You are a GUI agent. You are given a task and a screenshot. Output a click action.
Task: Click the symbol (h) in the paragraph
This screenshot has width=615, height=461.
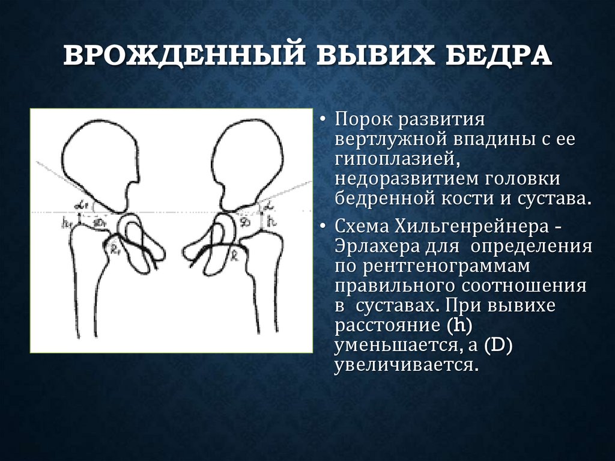[461, 326]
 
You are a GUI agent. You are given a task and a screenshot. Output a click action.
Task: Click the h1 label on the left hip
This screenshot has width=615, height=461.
[65, 222]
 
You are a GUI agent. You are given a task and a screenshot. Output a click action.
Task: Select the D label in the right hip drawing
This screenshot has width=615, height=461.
[244, 222]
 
